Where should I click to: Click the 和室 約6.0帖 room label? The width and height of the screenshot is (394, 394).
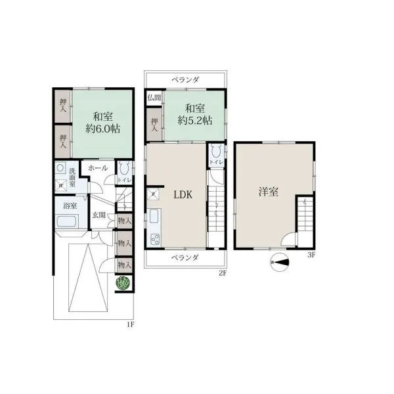103,123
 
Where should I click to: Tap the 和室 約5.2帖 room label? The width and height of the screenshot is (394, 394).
195,114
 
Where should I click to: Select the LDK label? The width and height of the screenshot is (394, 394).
183,195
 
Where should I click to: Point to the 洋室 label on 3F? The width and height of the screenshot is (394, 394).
269,192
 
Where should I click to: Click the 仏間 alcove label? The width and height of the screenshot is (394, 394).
154,97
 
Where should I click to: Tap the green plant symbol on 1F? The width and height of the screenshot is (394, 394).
123,283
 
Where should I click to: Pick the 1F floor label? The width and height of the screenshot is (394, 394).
130,324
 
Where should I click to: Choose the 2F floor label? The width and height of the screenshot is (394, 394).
223,273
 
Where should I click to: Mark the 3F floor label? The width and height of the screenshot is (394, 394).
311,255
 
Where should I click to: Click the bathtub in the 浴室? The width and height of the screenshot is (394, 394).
66,221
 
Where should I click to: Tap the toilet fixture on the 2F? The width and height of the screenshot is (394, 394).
216,151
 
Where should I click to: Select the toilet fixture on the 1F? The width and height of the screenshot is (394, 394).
124,168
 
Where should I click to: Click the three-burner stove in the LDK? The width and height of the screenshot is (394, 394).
155,239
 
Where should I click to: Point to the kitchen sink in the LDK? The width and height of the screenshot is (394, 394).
154,216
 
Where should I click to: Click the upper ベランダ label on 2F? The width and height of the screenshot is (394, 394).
185,80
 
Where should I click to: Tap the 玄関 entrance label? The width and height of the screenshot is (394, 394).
98,215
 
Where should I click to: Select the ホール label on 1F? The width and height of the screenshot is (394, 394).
98,168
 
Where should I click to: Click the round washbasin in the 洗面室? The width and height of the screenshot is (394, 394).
60,168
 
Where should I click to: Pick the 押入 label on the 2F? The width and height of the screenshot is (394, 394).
154,125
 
